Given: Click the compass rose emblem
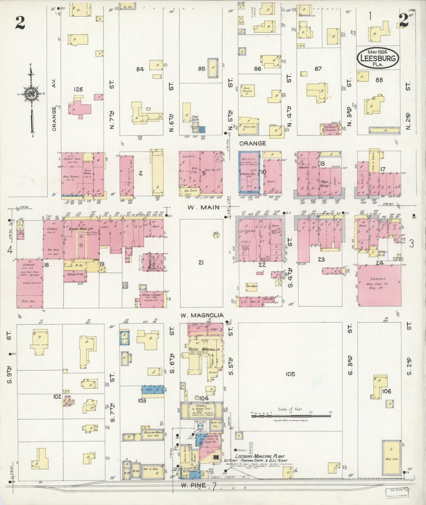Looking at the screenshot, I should (x=31, y=94).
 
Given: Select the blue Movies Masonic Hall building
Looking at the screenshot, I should (x=249, y=172).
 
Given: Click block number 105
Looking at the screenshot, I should (x=290, y=374).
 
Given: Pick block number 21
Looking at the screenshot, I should (x=201, y=263).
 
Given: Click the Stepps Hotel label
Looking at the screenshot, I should (x=79, y=228).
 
